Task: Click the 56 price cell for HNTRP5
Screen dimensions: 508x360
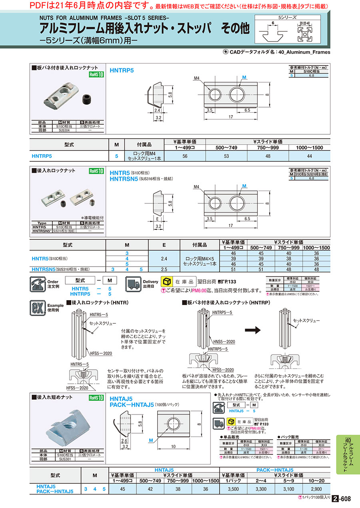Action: [x=184, y=156]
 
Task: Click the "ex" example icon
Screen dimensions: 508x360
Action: [x=37, y=308]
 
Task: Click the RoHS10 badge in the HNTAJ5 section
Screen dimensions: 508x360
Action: [x=96, y=398]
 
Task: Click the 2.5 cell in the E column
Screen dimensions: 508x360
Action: [x=164, y=269]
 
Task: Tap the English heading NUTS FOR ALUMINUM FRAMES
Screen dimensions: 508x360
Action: [x=104, y=18]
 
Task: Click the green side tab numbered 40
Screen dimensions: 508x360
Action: [x=348, y=454]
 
